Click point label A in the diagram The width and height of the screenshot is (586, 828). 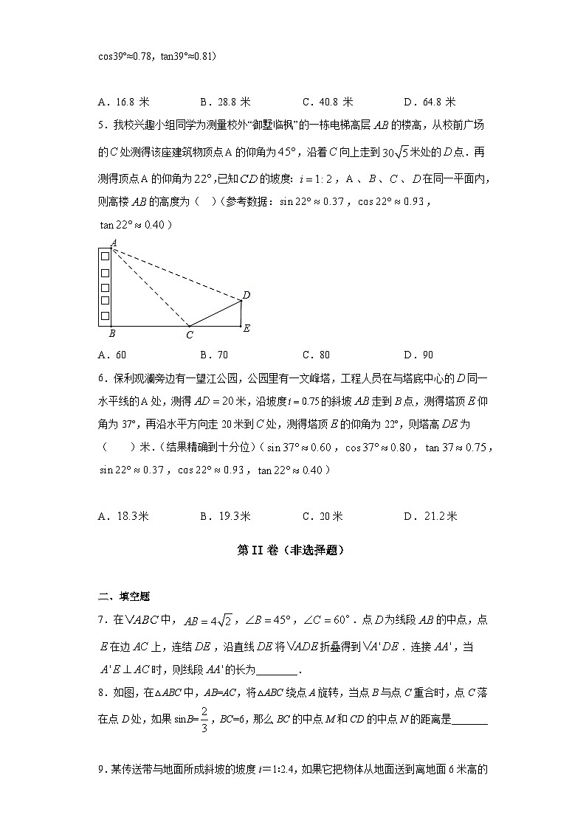pyautogui.click(x=113, y=242)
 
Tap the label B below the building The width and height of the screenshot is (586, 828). pyautogui.click(x=111, y=334)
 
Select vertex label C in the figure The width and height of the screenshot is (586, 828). pyautogui.click(x=190, y=335)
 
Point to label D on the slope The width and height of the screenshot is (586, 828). pyautogui.click(x=247, y=295)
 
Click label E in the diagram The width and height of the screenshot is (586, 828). pyautogui.click(x=247, y=328)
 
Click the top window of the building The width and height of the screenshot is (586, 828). pyautogui.click(x=105, y=256)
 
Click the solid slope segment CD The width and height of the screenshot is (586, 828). pyautogui.click(x=216, y=313)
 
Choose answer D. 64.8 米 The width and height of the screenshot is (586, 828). pyautogui.click(x=430, y=102)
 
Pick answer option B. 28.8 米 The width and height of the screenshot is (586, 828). pyautogui.click(x=225, y=102)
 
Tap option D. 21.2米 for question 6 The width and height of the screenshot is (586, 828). pyautogui.click(x=430, y=516)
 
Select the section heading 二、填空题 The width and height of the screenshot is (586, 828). pyautogui.click(x=123, y=596)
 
